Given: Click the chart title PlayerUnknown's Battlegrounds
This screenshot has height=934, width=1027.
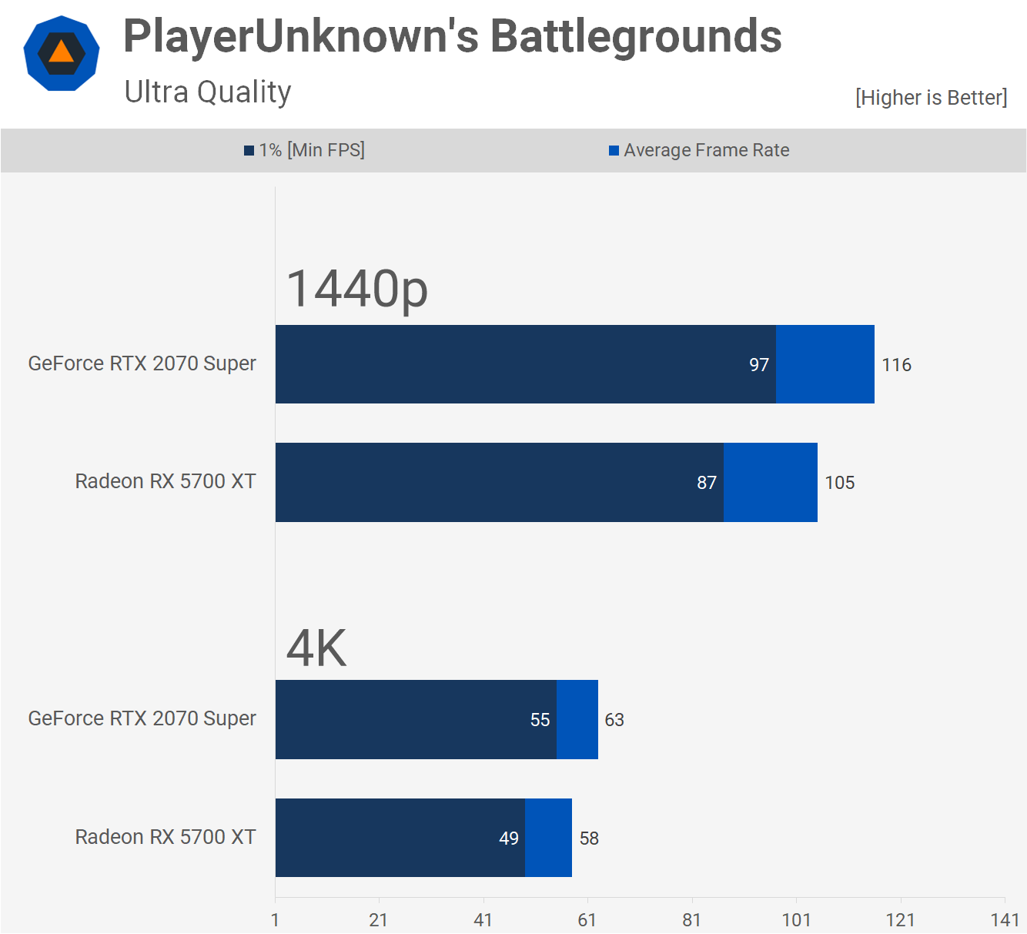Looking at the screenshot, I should [x=452, y=36].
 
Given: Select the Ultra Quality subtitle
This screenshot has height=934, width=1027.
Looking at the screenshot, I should [x=208, y=92].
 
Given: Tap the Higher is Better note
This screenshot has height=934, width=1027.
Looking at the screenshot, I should [x=931, y=98].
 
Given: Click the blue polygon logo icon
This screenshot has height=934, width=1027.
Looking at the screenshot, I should [x=62, y=53].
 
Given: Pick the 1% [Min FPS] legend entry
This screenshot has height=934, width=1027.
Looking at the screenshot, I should [x=305, y=150].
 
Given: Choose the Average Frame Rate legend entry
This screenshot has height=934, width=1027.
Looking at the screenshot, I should [x=699, y=150].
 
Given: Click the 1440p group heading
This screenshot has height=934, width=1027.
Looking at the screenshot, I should [x=356, y=289].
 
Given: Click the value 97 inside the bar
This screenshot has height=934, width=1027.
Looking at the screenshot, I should [x=759, y=365].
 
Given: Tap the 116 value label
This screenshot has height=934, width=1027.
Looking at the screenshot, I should [x=896, y=365].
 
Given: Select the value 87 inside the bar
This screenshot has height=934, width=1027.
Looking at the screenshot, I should [x=707, y=483].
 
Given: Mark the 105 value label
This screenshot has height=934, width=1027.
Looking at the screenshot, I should [x=839, y=483].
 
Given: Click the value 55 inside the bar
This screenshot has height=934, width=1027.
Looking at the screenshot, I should [x=540, y=720].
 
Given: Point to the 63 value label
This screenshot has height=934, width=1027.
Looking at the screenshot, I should [x=614, y=720].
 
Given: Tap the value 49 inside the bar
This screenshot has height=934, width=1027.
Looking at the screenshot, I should [x=509, y=839].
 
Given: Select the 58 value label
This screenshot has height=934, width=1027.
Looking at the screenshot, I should [x=589, y=839].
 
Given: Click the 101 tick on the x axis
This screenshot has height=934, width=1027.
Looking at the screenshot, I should [x=796, y=920].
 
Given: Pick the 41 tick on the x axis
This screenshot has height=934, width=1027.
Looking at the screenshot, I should [x=483, y=920].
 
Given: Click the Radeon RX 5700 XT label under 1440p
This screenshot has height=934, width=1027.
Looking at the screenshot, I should [x=166, y=481].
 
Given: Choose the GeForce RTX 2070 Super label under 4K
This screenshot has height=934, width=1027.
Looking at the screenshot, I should [x=142, y=718].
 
